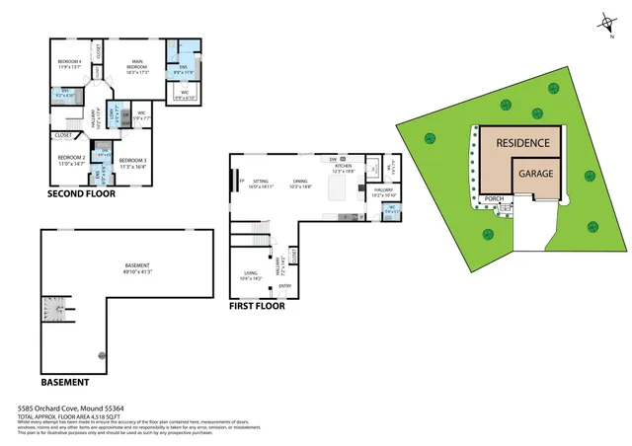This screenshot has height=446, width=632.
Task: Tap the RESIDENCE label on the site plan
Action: [521, 143]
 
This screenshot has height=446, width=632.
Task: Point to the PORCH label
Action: [494, 198]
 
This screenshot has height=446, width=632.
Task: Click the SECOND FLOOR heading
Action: [82, 194]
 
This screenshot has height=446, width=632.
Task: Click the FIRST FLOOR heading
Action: [258, 306]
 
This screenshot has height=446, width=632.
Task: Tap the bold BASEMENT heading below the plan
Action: [65, 381]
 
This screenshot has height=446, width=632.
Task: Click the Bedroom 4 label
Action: [69, 65]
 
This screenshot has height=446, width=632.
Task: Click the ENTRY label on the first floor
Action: [285, 287]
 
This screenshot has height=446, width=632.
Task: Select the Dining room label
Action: [301, 184]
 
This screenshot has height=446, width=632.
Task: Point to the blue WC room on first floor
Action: [390, 209]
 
